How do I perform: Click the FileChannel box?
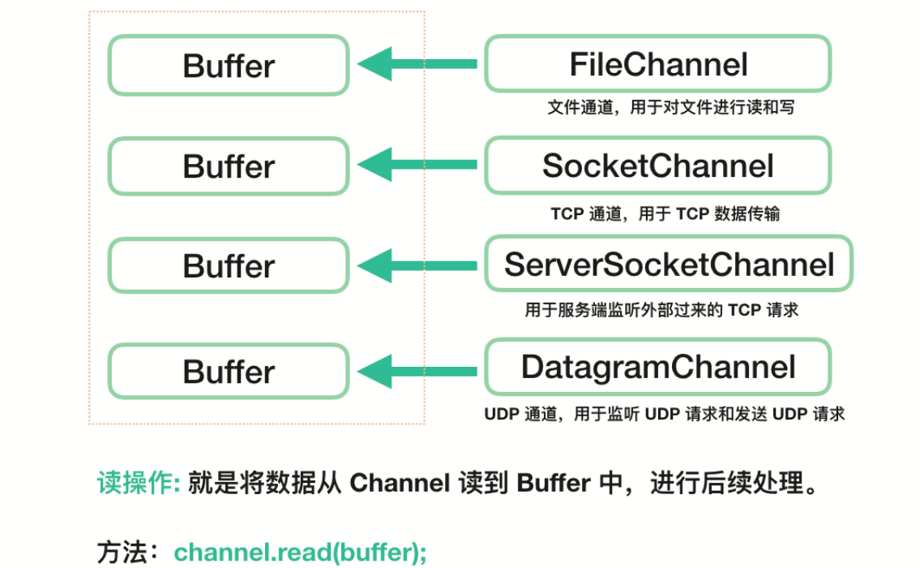[x=657, y=64]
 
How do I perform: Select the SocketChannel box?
[x=657, y=166]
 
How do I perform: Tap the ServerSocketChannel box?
[x=669, y=264]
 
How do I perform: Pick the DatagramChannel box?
[x=657, y=367]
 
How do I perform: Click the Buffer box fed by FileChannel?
[x=229, y=65]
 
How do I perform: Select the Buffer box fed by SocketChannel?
[x=229, y=166]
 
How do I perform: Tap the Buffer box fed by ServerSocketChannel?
[x=229, y=265]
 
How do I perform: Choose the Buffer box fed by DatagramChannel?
[x=229, y=372]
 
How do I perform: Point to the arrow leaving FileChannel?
[x=417, y=64]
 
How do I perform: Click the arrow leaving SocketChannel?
[x=417, y=165]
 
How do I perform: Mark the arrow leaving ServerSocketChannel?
[x=417, y=265]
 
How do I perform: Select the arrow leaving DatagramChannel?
[x=417, y=371]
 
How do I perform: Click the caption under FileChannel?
[x=670, y=107]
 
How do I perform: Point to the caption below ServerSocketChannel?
[x=661, y=310]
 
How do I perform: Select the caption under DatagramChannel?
[x=665, y=414]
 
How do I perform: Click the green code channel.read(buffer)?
[x=300, y=553]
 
